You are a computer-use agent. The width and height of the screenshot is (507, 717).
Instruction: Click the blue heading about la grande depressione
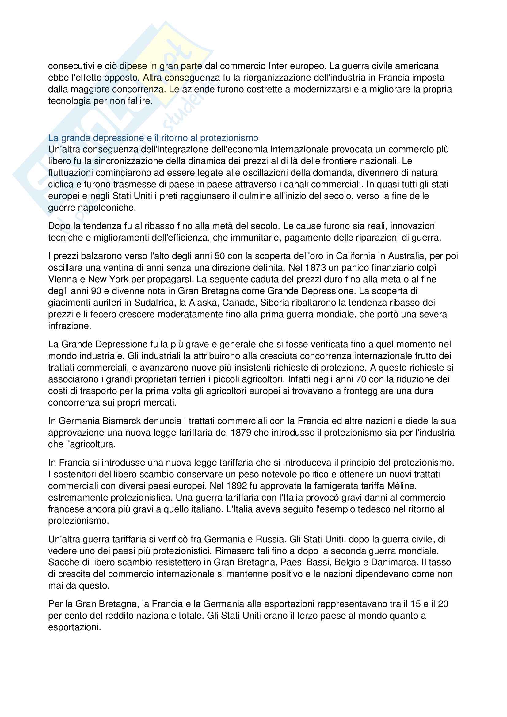(x=153, y=138)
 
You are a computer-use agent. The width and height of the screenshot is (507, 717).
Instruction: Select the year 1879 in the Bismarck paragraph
(x=241, y=433)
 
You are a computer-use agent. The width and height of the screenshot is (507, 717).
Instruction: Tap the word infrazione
(x=69, y=326)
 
